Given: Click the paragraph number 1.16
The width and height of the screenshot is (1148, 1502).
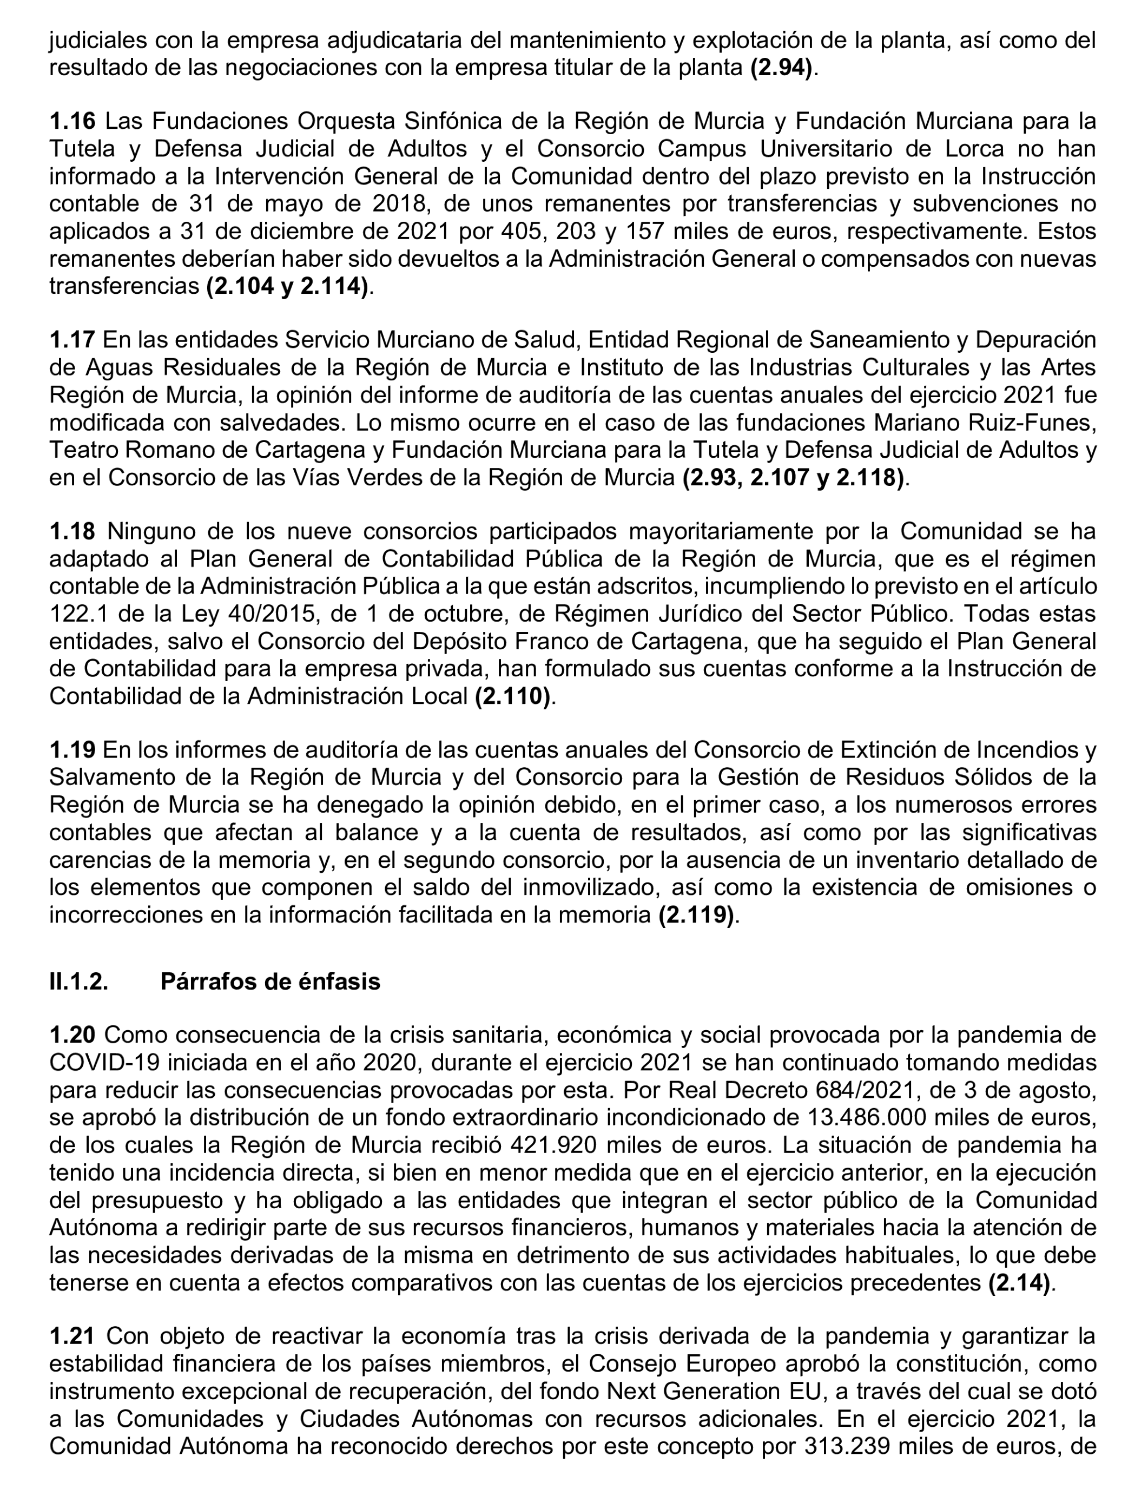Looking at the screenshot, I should tap(72, 121).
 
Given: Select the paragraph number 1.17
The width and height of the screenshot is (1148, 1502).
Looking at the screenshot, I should tap(72, 340).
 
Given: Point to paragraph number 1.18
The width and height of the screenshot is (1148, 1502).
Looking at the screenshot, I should tap(72, 531).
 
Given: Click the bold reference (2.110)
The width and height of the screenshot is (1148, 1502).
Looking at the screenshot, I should tap(512, 696).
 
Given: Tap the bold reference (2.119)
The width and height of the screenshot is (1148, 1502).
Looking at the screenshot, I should tap(696, 915).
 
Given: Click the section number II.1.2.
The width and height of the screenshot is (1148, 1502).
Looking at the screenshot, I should tap(78, 981).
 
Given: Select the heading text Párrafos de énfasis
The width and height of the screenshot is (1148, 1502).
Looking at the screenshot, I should tap(270, 981).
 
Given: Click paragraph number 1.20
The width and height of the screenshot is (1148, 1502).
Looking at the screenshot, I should tap(72, 1035).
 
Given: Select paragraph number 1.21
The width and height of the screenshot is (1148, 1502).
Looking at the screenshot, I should tap(72, 1336).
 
